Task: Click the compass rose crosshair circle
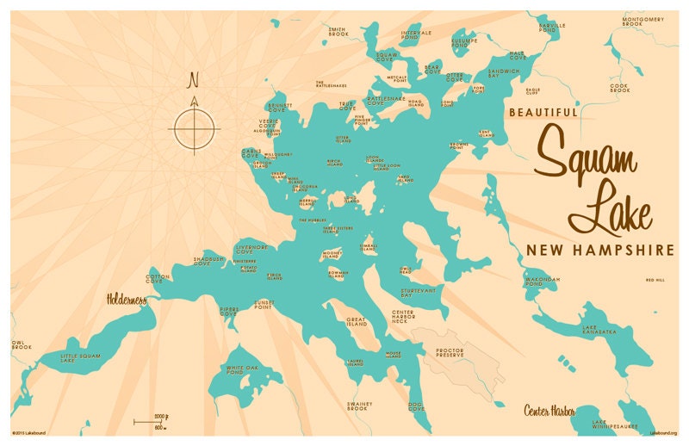tap(196, 129)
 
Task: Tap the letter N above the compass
tap(194, 81)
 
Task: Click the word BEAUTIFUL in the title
tap(543, 112)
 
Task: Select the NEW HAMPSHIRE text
tap(599, 250)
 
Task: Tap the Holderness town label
tap(127, 300)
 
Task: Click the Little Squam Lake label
tap(78, 357)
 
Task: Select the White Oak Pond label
tap(242, 369)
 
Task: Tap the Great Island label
tap(357, 321)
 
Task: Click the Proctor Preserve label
tap(450, 354)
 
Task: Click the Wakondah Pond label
tap(543, 282)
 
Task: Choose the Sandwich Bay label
tap(504, 72)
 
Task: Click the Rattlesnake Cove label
tap(386, 101)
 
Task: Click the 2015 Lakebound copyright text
tap(30, 432)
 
